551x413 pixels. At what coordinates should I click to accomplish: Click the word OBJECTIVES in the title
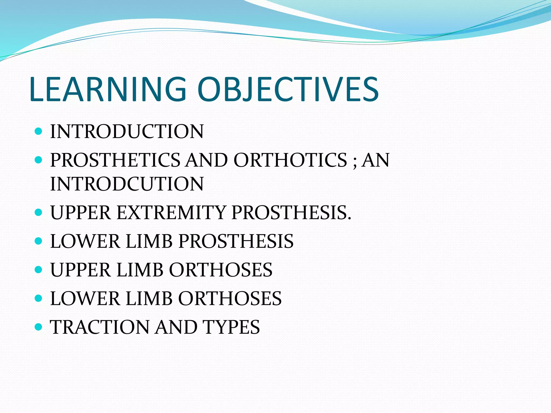pyautogui.click(x=288, y=90)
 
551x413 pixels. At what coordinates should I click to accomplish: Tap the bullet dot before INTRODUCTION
pyautogui.click(x=39, y=131)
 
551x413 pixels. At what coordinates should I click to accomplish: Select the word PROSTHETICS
pyautogui.click(x=115, y=160)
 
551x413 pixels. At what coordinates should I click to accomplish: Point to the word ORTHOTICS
pyautogui.click(x=290, y=160)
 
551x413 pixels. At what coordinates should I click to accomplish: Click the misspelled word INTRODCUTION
pyautogui.click(x=127, y=184)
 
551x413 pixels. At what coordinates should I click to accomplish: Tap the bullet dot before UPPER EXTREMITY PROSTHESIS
pyautogui.click(x=39, y=213)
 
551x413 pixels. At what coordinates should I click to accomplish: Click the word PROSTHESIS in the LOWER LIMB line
pyautogui.click(x=236, y=241)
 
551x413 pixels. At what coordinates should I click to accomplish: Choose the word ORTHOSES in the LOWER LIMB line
pyautogui.click(x=230, y=299)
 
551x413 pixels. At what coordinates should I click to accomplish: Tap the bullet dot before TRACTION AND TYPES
pyautogui.click(x=39, y=327)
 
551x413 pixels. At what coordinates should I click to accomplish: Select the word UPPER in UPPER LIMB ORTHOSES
pyautogui.click(x=80, y=270)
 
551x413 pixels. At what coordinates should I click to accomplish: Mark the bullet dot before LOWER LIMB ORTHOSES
pyautogui.click(x=39, y=298)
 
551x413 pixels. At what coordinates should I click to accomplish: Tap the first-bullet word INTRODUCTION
pyautogui.click(x=127, y=132)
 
